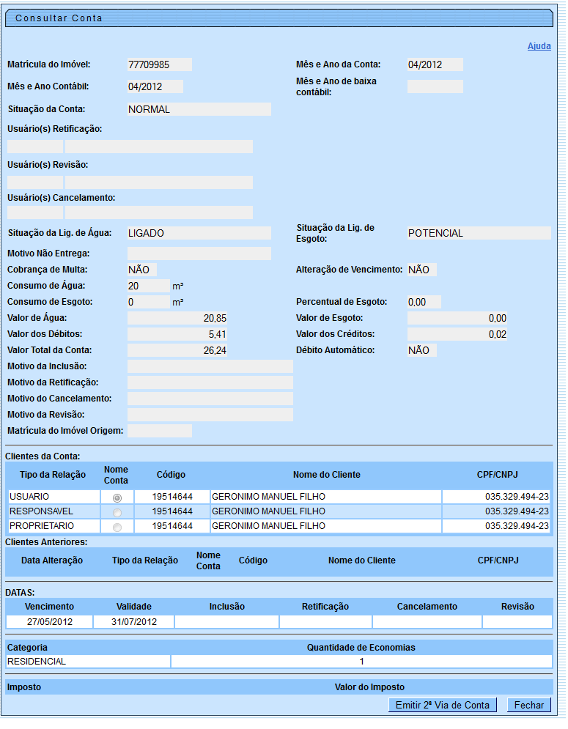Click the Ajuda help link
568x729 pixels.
539,46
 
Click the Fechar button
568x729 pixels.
528,705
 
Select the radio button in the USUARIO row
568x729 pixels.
117,497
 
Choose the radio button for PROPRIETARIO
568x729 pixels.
117,527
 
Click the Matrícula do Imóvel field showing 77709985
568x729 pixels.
159,64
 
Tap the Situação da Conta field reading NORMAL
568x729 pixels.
199,109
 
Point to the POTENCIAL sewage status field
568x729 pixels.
479,233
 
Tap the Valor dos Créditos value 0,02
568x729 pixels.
457,334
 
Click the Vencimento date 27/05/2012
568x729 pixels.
49,622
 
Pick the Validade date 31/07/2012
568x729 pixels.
134,622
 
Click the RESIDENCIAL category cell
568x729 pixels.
88,662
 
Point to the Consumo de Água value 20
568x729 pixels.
148,286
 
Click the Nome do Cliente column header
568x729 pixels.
326,475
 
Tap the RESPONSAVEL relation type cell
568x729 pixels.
51,511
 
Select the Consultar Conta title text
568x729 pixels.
59,18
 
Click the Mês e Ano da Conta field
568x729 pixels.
435,64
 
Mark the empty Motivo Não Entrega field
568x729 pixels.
199,254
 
